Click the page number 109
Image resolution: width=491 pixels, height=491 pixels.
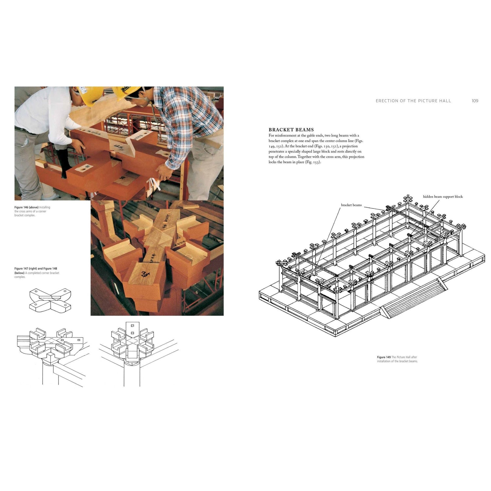click(475, 101)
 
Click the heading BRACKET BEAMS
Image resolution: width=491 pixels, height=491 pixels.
click(291, 130)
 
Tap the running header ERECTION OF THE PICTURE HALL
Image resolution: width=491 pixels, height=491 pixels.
click(413, 101)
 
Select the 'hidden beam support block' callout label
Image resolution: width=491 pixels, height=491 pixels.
click(443, 197)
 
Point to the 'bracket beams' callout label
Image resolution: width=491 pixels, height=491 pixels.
click(351, 205)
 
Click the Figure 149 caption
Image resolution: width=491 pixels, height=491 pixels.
click(397, 359)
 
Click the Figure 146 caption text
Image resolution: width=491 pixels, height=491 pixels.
click(32, 211)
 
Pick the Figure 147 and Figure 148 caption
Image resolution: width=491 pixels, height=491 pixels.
click(37, 273)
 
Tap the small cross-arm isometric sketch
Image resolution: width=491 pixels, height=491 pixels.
click(50, 299)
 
